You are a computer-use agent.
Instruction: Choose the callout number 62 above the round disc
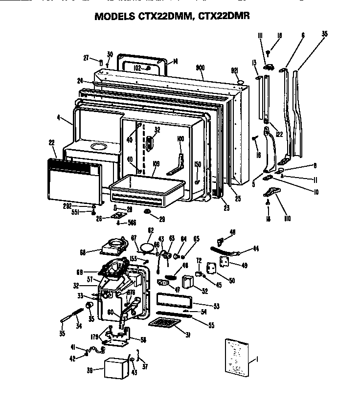(151, 229)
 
